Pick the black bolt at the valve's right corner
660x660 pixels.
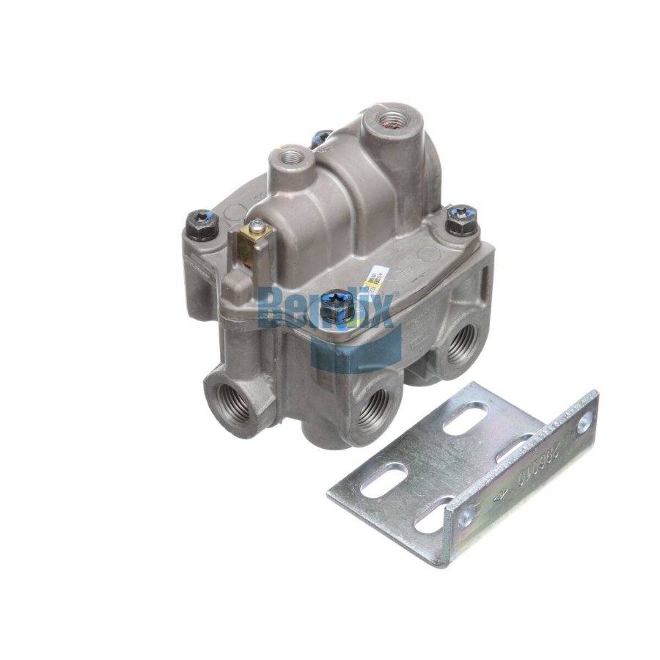(x=462, y=219)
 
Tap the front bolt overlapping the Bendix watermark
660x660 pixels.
(x=336, y=308)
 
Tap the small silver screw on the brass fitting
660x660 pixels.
(x=254, y=226)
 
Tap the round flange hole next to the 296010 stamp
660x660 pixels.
(x=584, y=423)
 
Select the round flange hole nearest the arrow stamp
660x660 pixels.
(x=465, y=520)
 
